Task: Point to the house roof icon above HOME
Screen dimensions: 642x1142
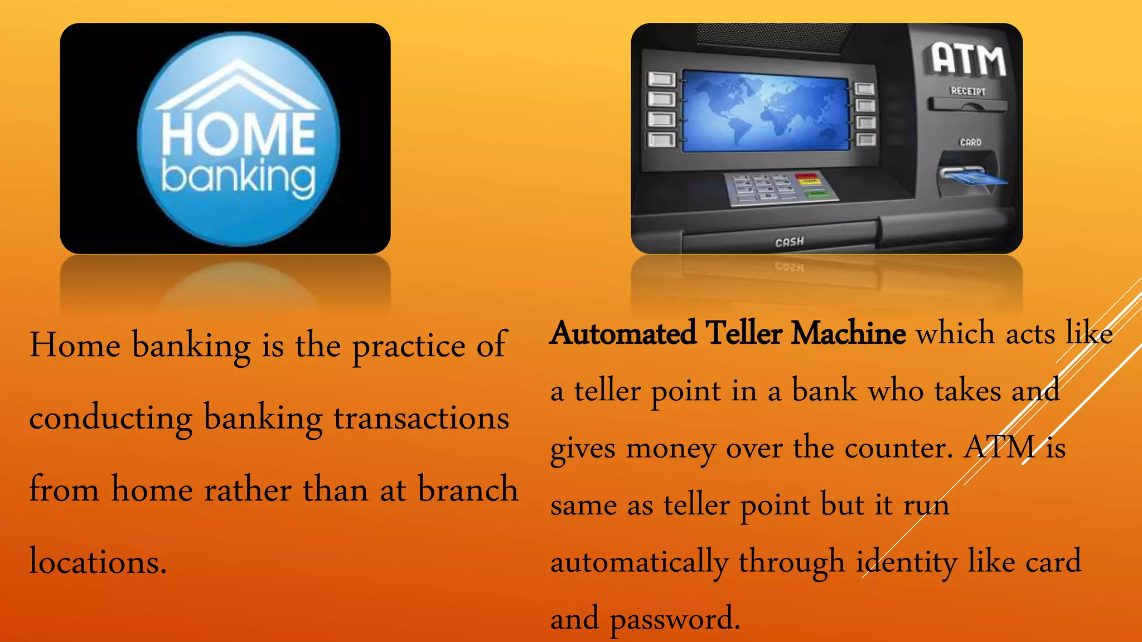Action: point(238,84)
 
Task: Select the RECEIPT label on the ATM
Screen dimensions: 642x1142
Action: point(968,91)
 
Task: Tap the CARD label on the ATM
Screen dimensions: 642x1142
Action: point(970,143)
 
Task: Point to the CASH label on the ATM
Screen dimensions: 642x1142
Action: point(789,242)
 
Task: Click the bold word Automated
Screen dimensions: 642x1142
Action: point(623,334)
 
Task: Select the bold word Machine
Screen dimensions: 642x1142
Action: point(848,334)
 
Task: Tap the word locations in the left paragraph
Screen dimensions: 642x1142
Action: point(98,561)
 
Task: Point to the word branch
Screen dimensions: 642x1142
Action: point(468,489)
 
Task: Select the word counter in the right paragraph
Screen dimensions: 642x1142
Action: point(898,448)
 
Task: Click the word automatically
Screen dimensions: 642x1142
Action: point(639,562)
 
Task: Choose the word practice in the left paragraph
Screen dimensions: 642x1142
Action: point(409,346)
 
